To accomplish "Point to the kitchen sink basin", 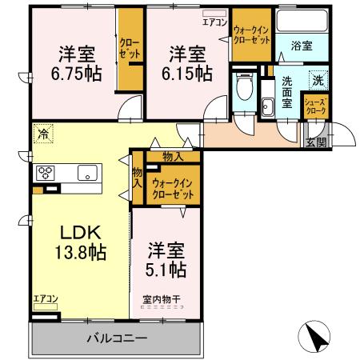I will (x=86, y=173).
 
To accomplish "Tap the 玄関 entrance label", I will (x=316, y=142).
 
